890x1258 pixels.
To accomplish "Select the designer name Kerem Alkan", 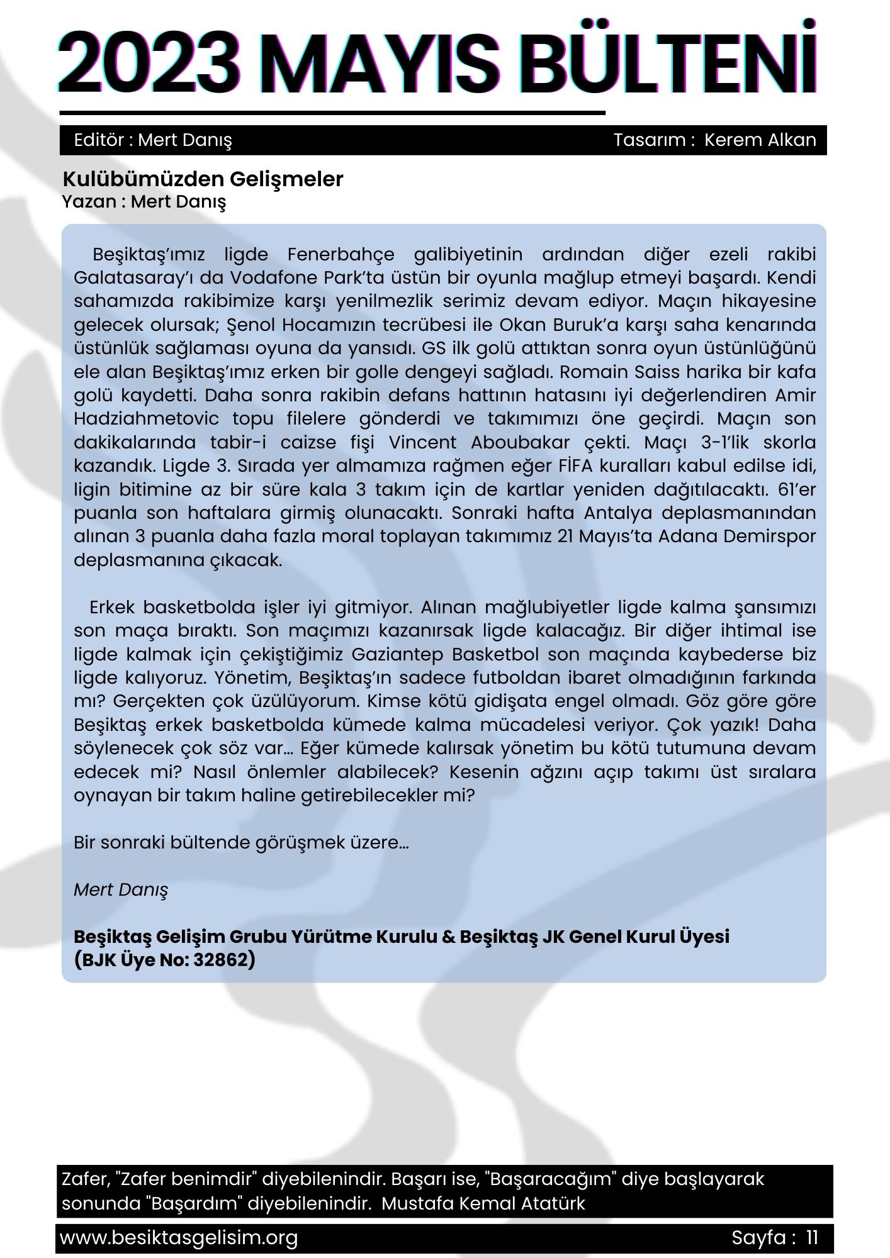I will [x=760, y=140].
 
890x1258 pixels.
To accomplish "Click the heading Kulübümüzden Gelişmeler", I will [x=203, y=179].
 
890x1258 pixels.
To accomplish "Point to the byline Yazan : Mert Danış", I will [x=144, y=202].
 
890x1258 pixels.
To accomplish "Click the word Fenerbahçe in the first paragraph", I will [x=341, y=254].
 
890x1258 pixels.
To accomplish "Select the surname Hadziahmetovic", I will [x=147, y=419].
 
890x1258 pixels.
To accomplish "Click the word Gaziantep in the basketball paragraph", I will [x=397, y=654].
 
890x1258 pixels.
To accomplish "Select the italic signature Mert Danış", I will [x=121, y=889].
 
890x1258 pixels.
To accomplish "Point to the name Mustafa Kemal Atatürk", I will [x=483, y=1203].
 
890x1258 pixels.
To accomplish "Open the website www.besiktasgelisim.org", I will [x=179, y=1238].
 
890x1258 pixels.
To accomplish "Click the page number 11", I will [x=812, y=1238].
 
